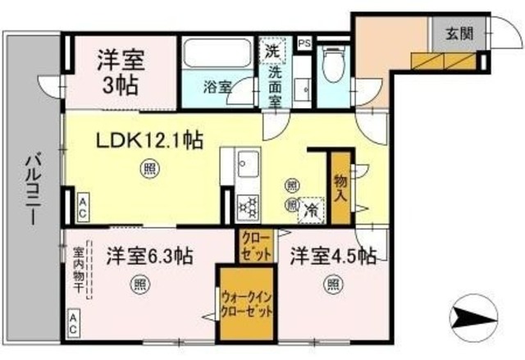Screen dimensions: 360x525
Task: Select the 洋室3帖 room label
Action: [x=120, y=71]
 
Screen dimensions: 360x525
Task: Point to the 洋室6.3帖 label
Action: [x=148, y=256]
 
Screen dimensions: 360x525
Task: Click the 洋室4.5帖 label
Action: [x=332, y=256]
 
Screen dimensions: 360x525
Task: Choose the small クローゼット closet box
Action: [x=255, y=245]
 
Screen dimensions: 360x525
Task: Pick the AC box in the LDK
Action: [x=83, y=207]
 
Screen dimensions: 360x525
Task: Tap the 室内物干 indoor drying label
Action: [x=79, y=273]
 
